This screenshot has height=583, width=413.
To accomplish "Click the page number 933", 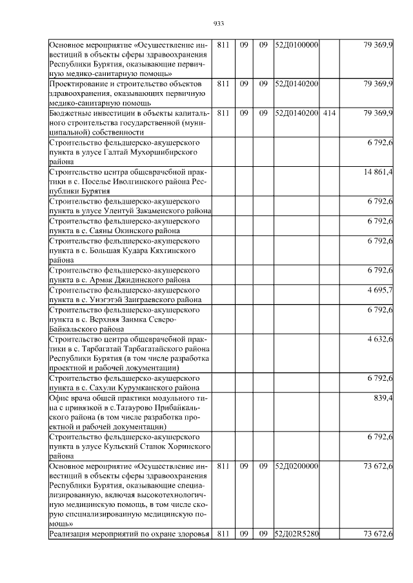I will coord(218,24).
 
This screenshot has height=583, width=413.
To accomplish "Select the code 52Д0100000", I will coord(296,46).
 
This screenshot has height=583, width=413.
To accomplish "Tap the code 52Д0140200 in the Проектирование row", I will coord(296,84).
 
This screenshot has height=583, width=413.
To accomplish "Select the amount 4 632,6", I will coord(380,339).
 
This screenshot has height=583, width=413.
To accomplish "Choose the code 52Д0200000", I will coord(296,466).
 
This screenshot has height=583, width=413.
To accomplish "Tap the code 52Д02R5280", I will coord(296,533).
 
